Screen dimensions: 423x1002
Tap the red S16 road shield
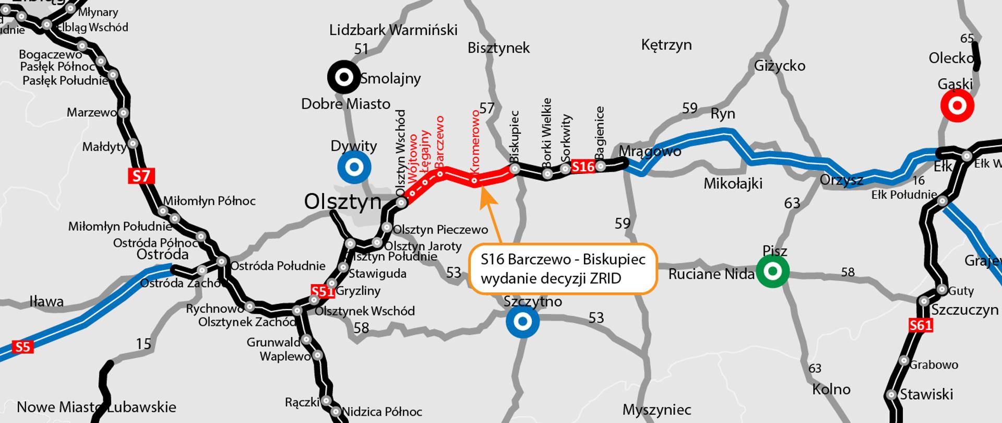pyautogui.click(x=583, y=167)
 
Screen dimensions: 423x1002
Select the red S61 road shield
pyautogui.click(x=921, y=326)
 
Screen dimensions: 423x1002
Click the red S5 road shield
pyautogui.click(x=22, y=347)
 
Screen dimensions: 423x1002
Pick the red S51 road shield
pyautogui.click(x=322, y=291)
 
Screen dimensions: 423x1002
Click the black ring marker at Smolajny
pyautogui.click(x=344, y=78)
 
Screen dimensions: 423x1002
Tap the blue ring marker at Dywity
pyautogui.click(x=354, y=167)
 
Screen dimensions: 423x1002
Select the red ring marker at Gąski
pyautogui.click(x=957, y=106)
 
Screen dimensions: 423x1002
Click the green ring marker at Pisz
pyautogui.click(x=773, y=271)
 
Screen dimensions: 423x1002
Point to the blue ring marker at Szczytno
pyautogui.click(x=522, y=322)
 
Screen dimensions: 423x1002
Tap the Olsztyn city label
pyautogui.click(x=343, y=202)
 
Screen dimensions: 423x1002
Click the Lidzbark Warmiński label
pyautogui.click(x=393, y=30)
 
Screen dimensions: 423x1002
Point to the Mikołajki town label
pyautogui.click(x=733, y=184)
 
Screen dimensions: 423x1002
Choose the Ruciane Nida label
pyautogui.click(x=711, y=274)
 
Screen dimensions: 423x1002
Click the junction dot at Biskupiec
pyautogui.click(x=515, y=169)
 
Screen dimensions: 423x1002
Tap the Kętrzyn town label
pyautogui.click(x=666, y=45)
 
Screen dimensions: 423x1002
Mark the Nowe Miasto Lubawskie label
pyautogui.click(x=97, y=407)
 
